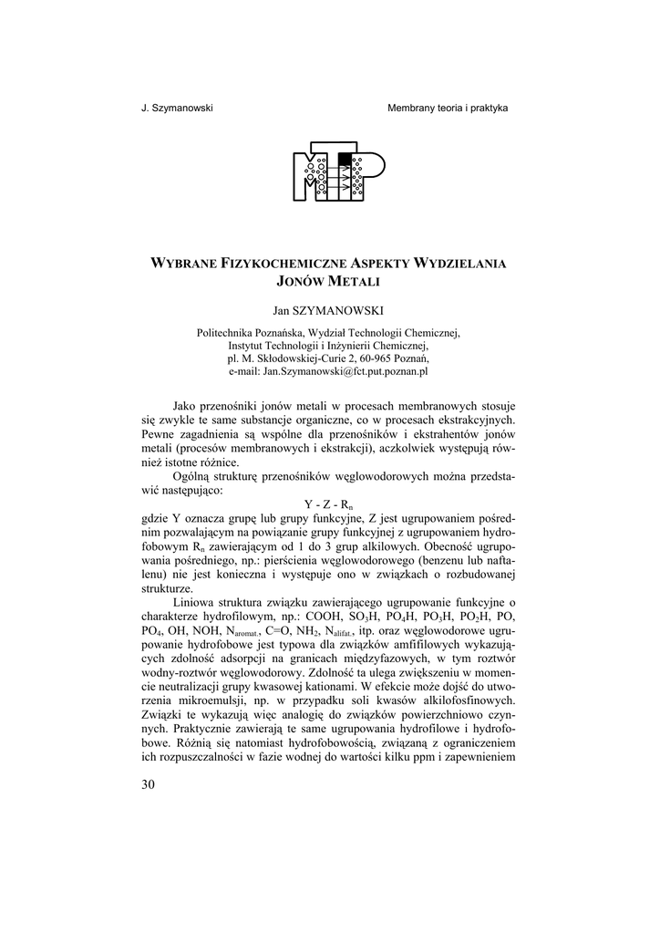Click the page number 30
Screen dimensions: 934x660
(150, 786)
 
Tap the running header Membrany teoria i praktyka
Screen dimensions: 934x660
(448, 108)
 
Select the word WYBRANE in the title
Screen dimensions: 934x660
(180, 263)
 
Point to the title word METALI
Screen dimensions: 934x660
(354, 282)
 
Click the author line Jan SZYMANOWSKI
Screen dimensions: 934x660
(328, 310)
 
